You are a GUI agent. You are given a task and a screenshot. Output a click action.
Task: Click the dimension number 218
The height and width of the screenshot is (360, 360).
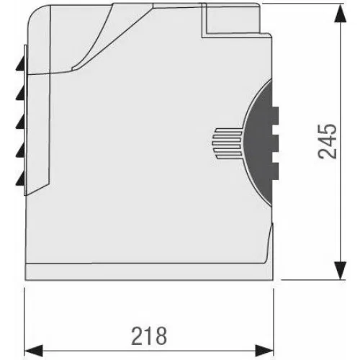coord(149,336)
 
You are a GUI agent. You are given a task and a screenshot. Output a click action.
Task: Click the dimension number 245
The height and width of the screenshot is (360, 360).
coord(327,141)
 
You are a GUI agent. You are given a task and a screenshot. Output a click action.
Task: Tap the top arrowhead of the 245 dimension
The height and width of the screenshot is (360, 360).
coord(341,14)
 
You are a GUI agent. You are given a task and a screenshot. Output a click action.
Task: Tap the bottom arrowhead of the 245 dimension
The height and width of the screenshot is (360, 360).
coord(341,271)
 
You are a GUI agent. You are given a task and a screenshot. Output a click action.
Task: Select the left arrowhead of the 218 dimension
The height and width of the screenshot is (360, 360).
coord(34,351)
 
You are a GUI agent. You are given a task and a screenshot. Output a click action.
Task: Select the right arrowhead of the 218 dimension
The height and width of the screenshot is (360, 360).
coord(264,351)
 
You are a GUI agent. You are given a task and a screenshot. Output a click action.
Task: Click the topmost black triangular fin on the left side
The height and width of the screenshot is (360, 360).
coord(21,63)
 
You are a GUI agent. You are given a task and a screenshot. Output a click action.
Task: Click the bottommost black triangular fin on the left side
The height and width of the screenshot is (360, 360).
coord(21,179)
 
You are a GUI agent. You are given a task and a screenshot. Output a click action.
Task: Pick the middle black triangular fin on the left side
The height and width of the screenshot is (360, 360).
coord(21,121)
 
